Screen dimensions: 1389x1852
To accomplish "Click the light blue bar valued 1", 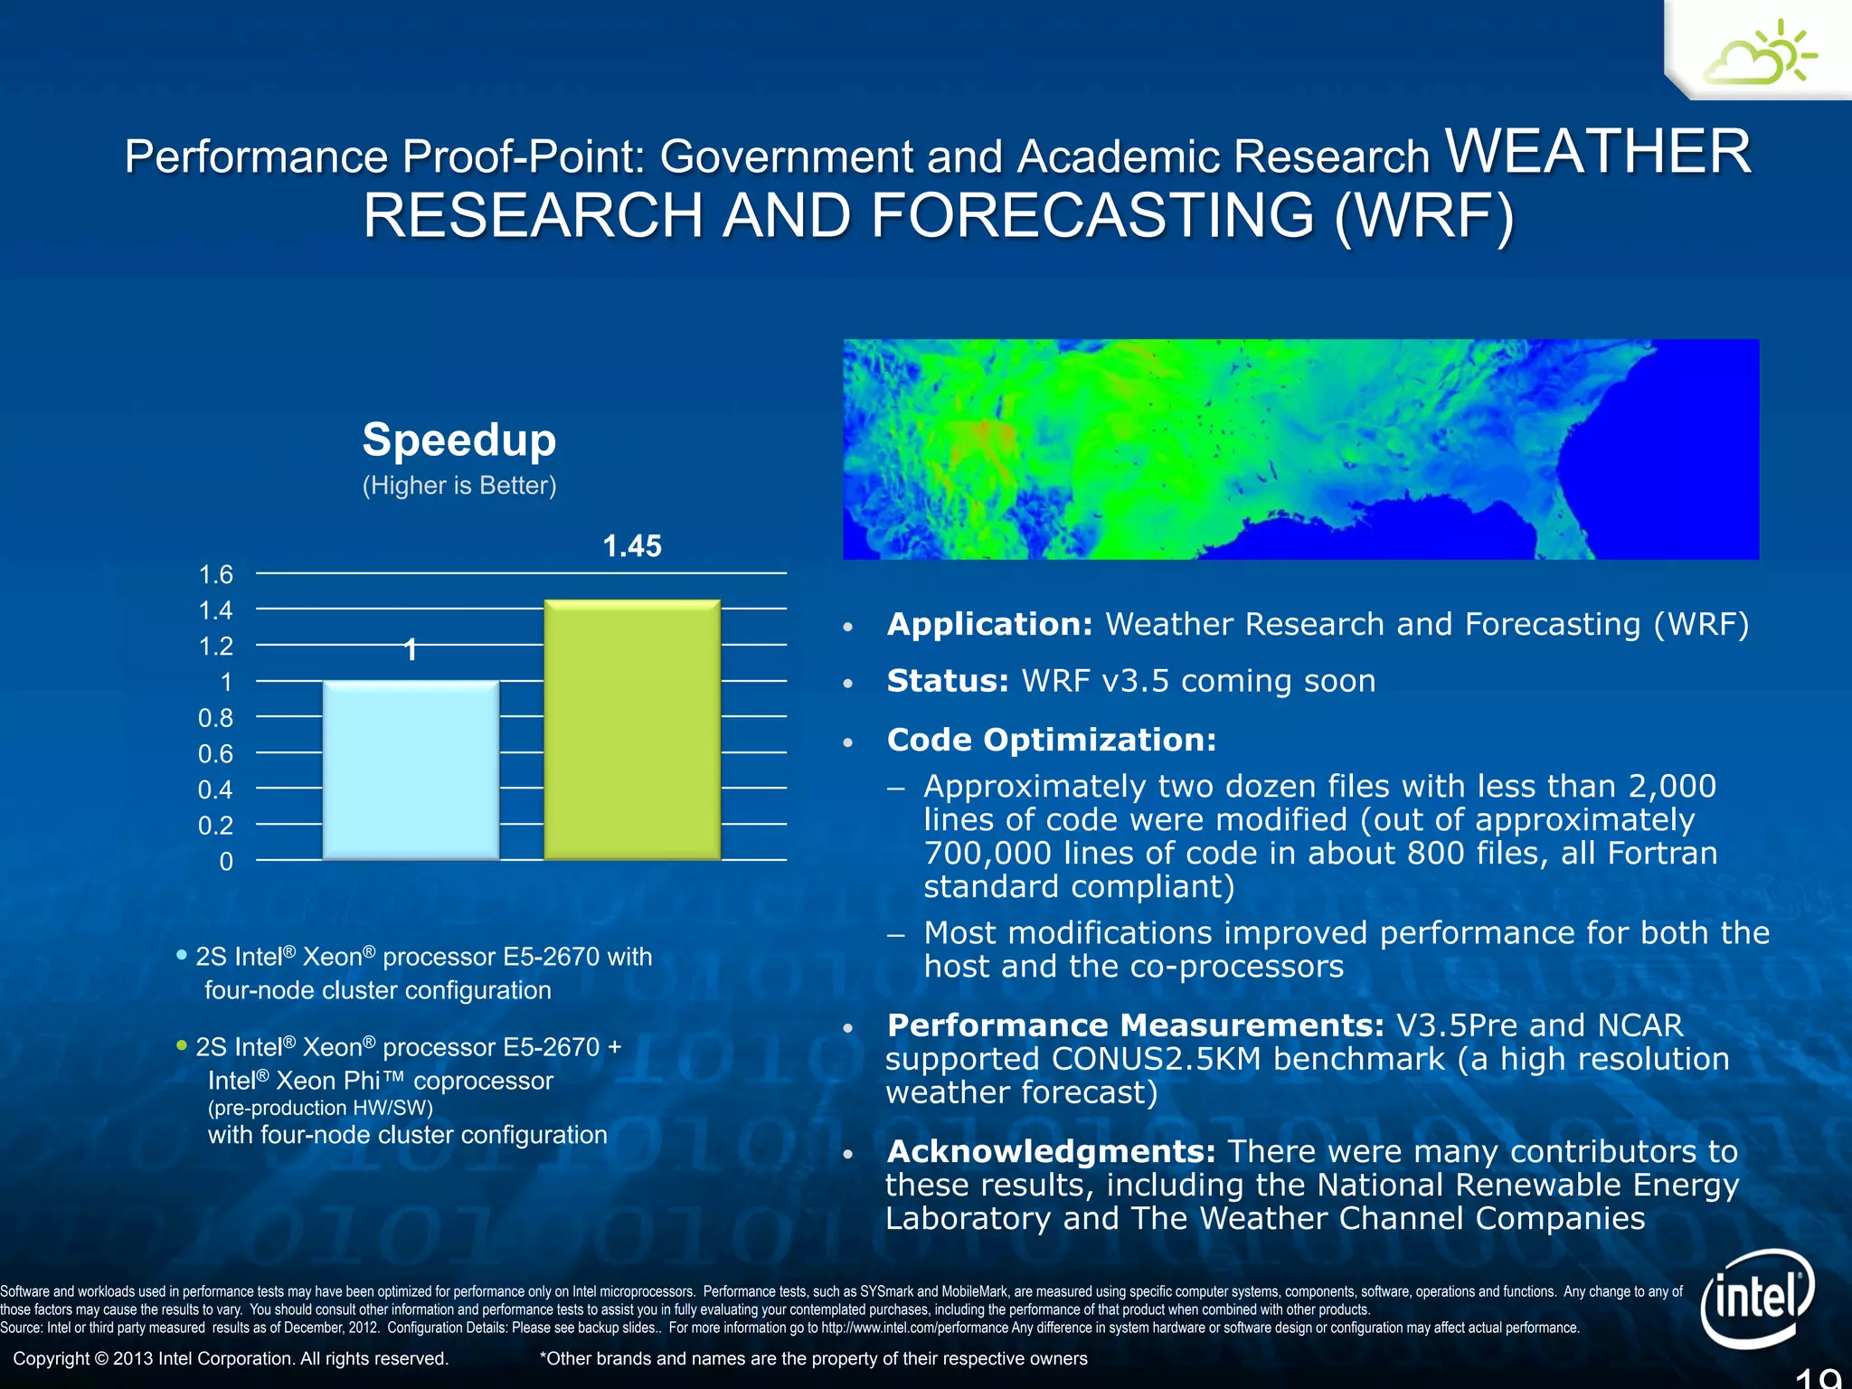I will pyautogui.click(x=411, y=770).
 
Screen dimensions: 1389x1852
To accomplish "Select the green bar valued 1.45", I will pyautogui.click(x=632, y=729).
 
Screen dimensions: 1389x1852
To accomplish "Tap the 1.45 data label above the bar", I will pyautogui.click(x=632, y=546).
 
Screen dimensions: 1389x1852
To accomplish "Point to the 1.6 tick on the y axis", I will pyautogui.click(x=215, y=574).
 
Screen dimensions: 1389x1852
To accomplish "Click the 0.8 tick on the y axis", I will pyautogui.click(x=215, y=718).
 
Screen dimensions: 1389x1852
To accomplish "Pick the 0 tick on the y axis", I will pyautogui.click(x=226, y=861).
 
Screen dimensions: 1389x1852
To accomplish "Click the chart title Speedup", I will pyautogui.click(x=459, y=440).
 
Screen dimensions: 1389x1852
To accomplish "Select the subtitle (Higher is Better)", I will pyautogui.click(x=459, y=486).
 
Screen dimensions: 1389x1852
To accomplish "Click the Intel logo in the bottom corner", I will pyautogui.click(x=1756, y=1299).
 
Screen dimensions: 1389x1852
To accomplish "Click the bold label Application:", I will pyautogui.click(x=990, y=624).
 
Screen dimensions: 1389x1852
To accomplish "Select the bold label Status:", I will pyautogui.click(x=948, y=681).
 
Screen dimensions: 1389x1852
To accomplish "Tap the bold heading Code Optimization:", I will pyautogui.click(x=1052, y=740).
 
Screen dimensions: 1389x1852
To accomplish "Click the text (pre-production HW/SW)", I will pyautogui.click(x=320, y=1108).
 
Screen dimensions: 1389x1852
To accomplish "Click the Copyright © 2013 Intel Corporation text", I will pyautogui.click(x=231, y=1358).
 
